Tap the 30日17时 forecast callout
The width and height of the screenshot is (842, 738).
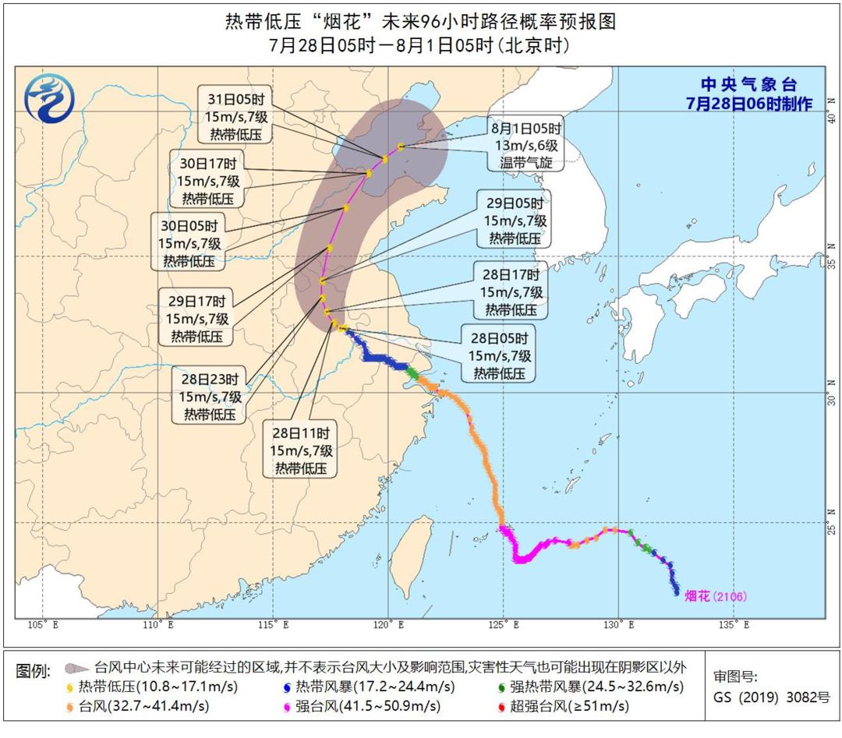pyautogui.click(x=210, y=180)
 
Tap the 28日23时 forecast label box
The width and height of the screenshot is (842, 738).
pyautogui.click(x=210, y=396)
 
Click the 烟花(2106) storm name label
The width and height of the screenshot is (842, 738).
pyautogui.click(x=715, y=597)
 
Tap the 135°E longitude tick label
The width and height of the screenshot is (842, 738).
pyautogui.click(x=734, y=624)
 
